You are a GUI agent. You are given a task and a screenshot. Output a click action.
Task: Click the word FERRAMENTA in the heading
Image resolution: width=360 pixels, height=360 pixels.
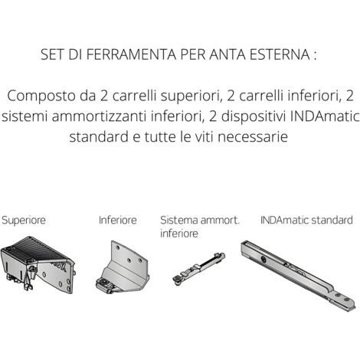click(131, 54)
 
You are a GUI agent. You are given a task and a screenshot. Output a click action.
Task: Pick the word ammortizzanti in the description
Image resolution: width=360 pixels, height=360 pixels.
click(99, 116)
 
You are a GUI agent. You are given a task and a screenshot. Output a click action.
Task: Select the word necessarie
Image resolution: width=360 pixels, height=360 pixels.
click(253, 137)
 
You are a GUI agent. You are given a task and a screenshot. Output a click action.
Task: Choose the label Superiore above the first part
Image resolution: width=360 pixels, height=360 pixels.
click(24, 221)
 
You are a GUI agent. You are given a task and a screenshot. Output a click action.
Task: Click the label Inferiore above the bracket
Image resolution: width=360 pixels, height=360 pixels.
click(118, 220)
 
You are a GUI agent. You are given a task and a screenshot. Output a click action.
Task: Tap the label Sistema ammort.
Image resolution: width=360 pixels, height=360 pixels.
click(200, 220)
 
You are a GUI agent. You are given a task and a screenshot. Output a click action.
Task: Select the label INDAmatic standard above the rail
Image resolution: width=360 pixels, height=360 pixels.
click(306, 220)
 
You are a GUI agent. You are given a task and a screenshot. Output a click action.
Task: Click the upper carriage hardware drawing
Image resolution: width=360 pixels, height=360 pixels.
click(38, 265)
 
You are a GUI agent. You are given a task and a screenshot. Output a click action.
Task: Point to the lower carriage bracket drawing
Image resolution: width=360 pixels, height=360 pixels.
click(123, 267)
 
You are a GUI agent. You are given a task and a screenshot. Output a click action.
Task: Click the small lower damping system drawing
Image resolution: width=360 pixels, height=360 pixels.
click(198, 267)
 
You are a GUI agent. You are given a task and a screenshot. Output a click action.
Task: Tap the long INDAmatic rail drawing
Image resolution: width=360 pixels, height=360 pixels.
click(298, 275)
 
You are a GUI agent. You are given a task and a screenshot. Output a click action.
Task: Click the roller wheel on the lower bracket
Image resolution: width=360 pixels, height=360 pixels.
click(103, 283)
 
